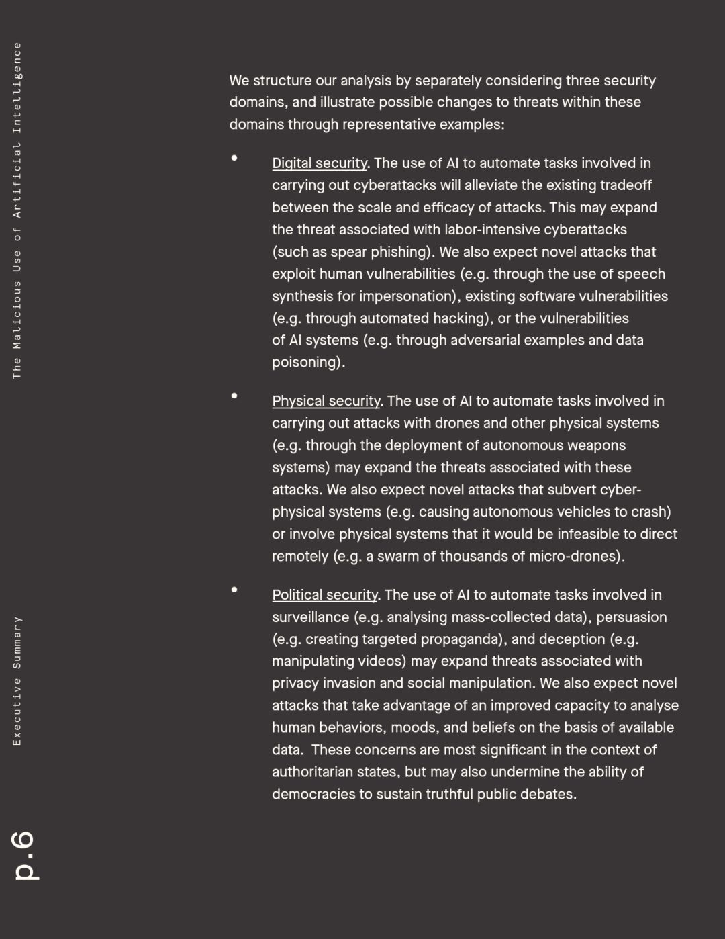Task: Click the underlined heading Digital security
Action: tap(320, 163)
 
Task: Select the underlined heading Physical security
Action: tap(326, 401)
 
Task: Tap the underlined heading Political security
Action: tap(325, 595)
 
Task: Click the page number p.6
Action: tap(26, 854)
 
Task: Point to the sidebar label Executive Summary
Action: tap(17, 680)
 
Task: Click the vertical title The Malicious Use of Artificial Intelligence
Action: tap(17, 210)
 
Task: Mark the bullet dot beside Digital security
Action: tap(234, 158)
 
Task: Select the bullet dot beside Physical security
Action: tap(234, 396)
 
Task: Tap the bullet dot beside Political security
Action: tap(234, 590)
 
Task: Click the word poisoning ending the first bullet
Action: tap(307, 363)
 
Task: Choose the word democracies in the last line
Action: tap(313, 795)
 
